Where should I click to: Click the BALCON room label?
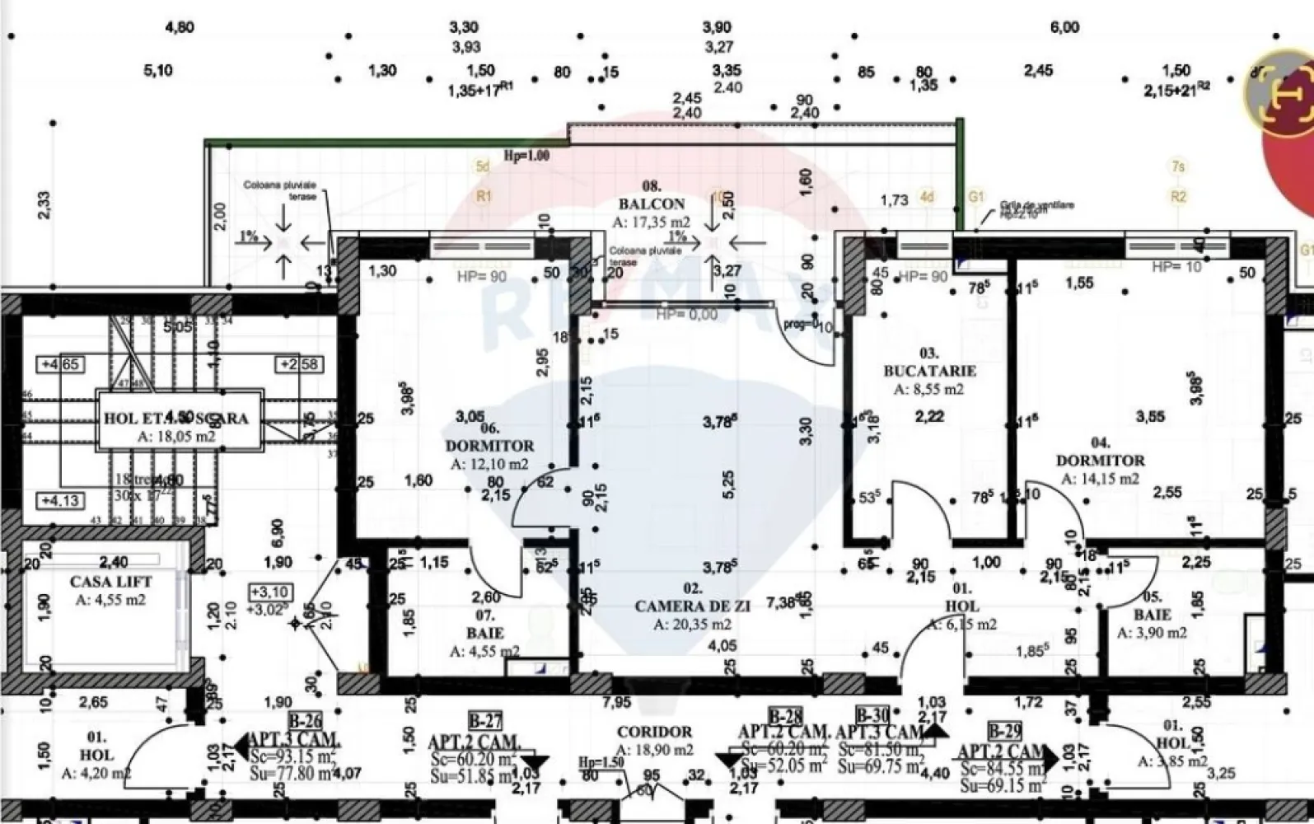tap(651, 204)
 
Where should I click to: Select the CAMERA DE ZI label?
tap(693, 606)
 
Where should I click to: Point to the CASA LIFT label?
tap(110, 582)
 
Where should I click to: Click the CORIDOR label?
tap(655, 732)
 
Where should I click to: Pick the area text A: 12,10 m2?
tap(489, 464)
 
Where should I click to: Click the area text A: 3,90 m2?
tap(1152, 633)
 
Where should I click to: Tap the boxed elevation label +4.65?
tap(60, 363)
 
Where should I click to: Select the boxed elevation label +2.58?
tap(301, 364)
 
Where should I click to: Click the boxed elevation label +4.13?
tap(60, 500)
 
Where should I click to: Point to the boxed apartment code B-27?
tap(484, 722)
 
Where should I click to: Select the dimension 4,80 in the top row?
tap(180, 27)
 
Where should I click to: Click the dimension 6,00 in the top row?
tap(1064, 27)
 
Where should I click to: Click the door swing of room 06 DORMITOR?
tap(540, 494)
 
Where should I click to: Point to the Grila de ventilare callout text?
tap(1036, 208)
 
